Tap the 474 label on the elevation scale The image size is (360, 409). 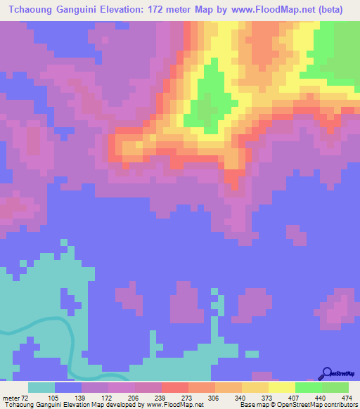coord(347,397)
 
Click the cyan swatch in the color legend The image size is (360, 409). coord(41,387)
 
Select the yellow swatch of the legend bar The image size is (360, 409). coord(282,387)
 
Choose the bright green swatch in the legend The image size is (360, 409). coord(309,387)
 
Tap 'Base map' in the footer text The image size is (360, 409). coord(252,405)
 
